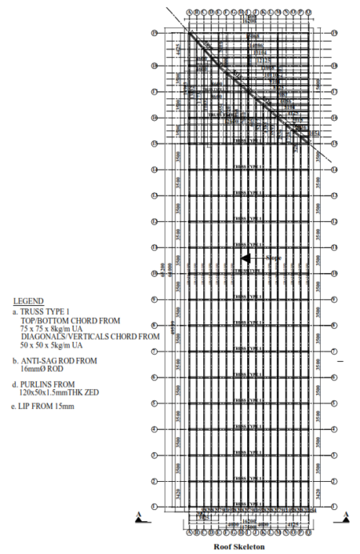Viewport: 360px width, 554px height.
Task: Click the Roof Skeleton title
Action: coord(239,547)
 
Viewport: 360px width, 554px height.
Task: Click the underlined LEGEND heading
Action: coord(29,302)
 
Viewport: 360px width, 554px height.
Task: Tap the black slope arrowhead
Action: coord(246,258)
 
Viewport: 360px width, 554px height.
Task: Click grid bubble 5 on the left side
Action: coord(153,403)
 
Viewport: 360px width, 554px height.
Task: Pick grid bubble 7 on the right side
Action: coord(334,351)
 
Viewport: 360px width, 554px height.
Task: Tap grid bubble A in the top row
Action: coord(190,14)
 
